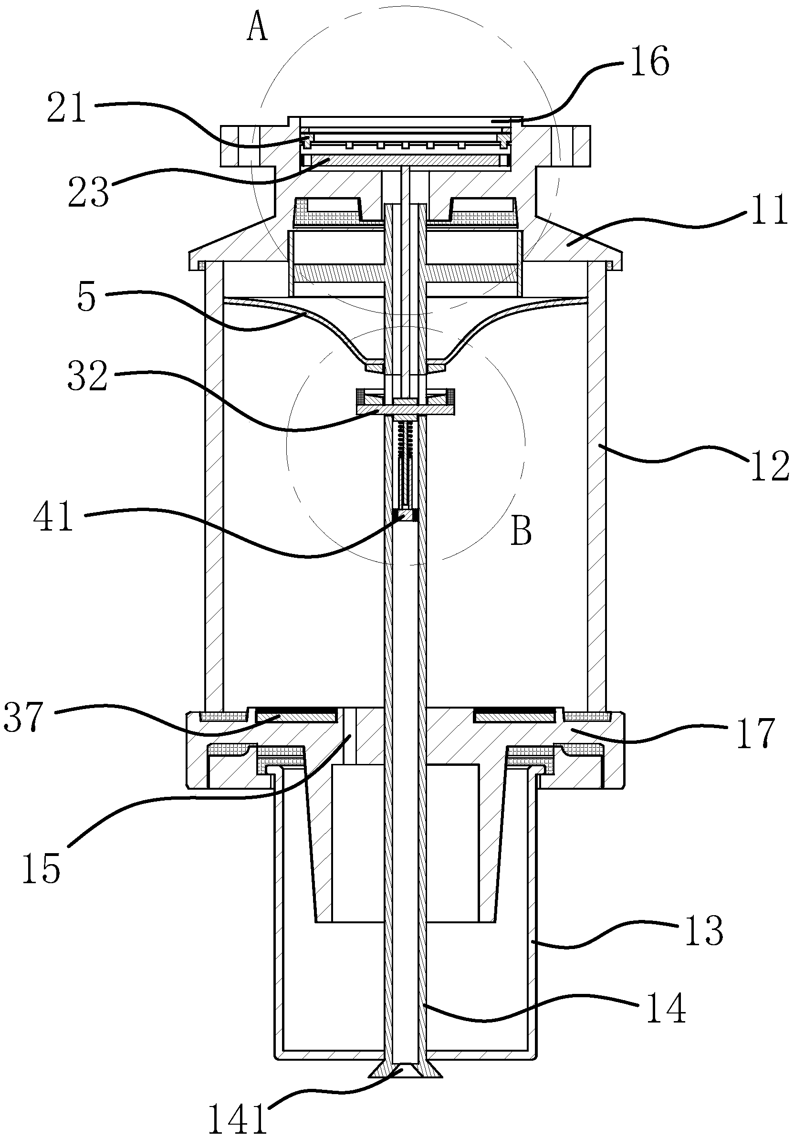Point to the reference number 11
[769, 210]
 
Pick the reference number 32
[87, 376]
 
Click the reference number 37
[24, 716]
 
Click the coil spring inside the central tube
[406, 437]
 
